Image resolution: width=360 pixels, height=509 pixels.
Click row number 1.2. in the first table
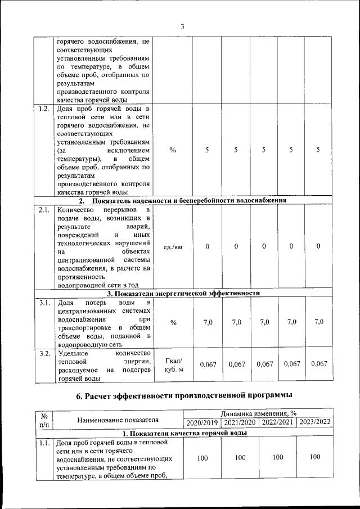tap(42, 109)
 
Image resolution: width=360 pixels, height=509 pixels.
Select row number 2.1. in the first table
tap(43, 210)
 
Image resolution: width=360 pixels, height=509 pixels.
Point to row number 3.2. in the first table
tap(43, 354)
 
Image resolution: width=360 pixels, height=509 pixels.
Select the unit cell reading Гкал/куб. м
tap(173, 364)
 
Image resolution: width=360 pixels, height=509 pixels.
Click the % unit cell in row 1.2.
tap(173, 150)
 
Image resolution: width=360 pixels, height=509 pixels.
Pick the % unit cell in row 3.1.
tap(173, 322)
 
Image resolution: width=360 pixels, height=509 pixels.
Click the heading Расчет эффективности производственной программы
tap(185, 397)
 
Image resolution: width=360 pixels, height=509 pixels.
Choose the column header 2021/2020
tap(240, 422)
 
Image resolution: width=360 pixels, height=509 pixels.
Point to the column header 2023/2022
tap(315, 422)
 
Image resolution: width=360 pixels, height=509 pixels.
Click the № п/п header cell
tap(43, 418)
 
